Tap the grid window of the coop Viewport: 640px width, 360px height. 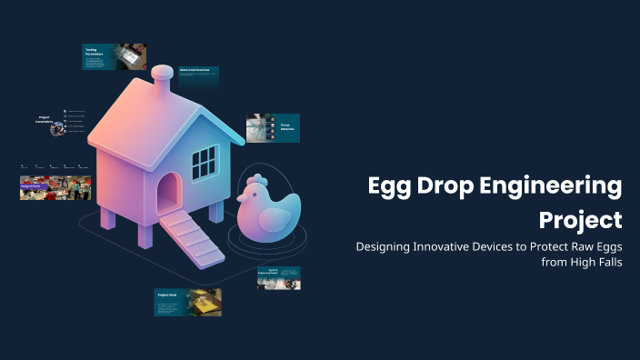(205, 163)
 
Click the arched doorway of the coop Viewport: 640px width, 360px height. (168, 195)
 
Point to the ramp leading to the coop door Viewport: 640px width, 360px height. (193, 239)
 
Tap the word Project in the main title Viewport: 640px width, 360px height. (581, 219)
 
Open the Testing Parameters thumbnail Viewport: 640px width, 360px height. (115, 57)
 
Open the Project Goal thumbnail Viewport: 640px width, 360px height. (187, 302)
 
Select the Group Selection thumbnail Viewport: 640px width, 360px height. (273, 128)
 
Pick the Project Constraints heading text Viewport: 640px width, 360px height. (44, 120)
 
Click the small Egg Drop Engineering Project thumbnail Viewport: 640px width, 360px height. (278, 278)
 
